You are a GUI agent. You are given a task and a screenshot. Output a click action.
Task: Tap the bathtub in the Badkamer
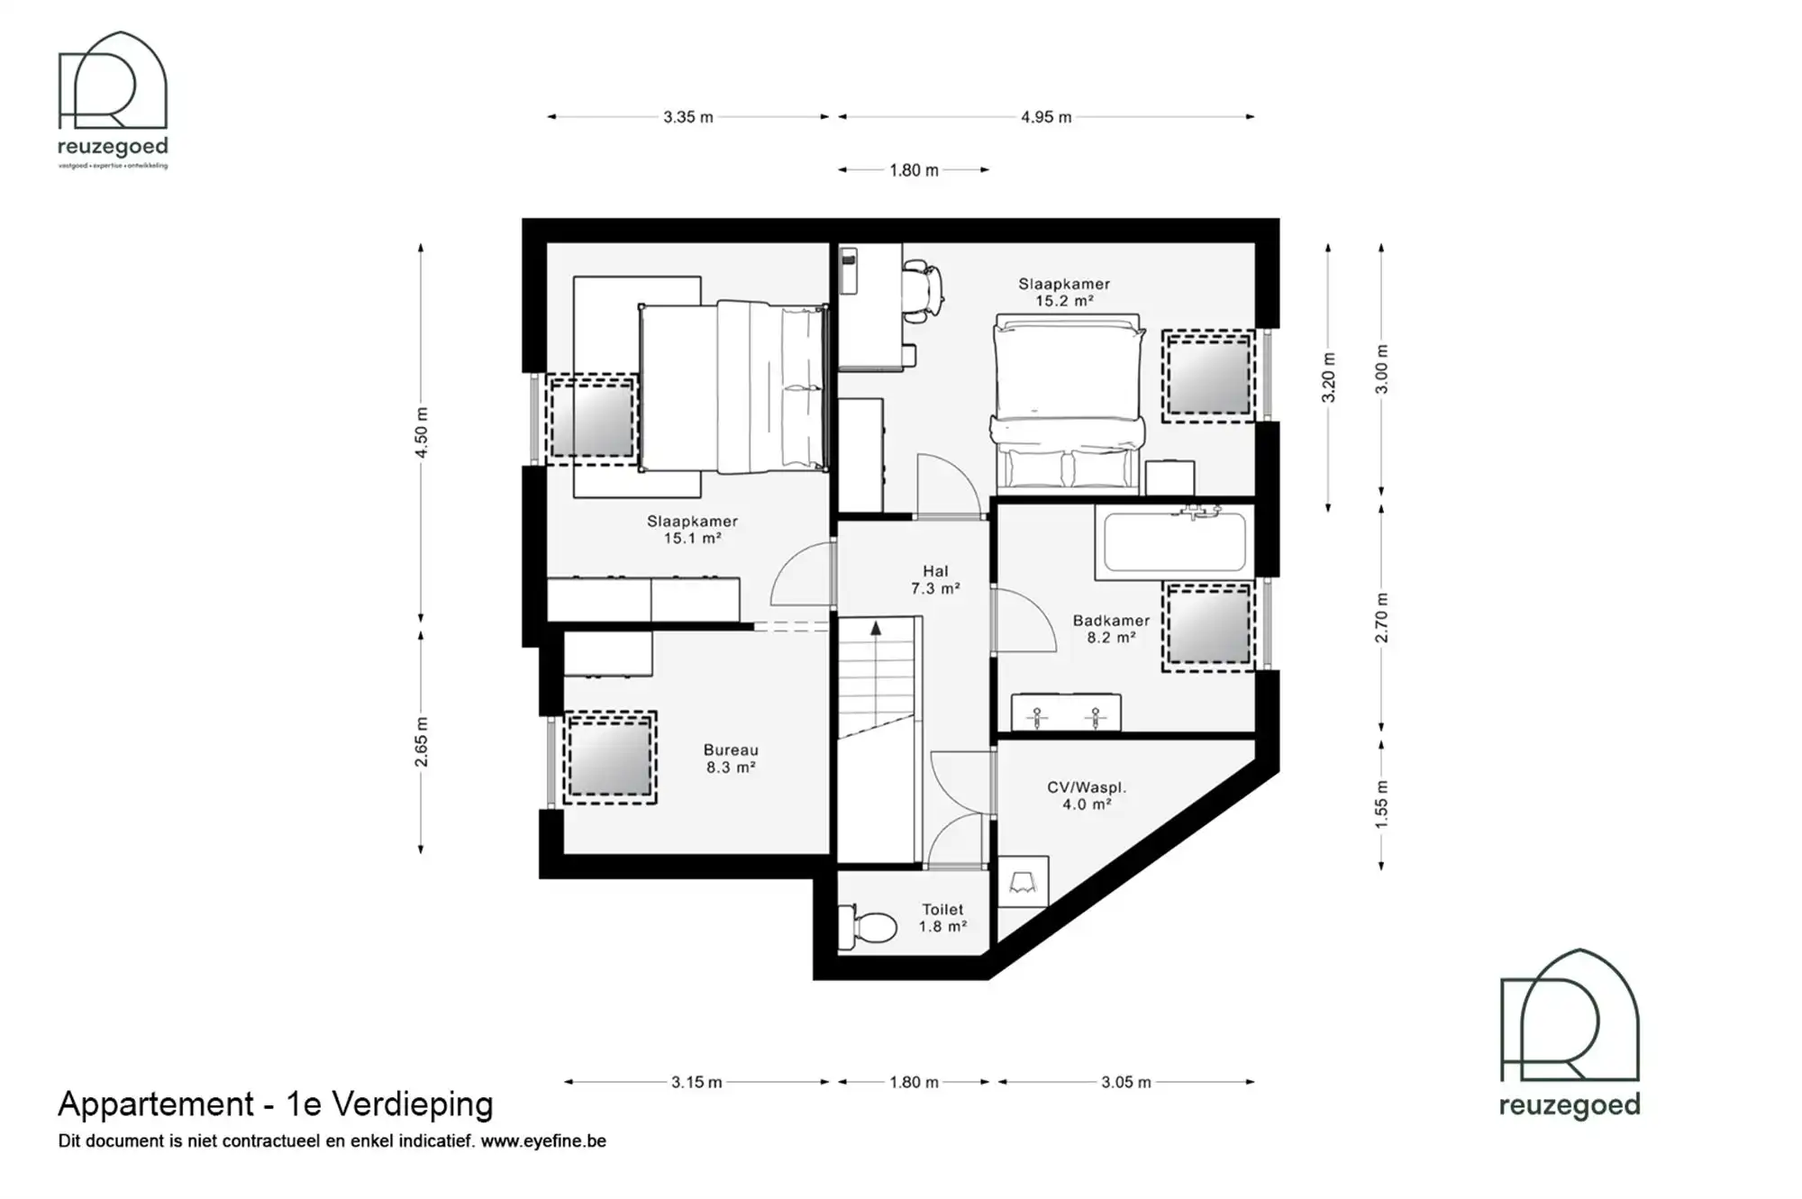[x=1174, y=542]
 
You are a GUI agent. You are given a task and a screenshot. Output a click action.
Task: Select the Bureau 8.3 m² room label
[x=731, y=758]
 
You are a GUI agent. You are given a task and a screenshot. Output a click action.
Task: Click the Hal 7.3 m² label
[x=935, y=579]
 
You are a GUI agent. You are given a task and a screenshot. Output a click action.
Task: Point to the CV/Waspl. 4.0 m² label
[x=1087, y=795]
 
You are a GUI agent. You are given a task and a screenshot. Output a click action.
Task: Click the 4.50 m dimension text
[x=422, y=432]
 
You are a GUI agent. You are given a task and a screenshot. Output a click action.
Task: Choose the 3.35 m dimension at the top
[x=687, y=117]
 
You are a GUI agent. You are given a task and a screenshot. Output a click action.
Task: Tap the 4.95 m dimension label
[x=1046, y=117]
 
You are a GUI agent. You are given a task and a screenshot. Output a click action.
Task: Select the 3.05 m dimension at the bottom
[x=1125, y=1082]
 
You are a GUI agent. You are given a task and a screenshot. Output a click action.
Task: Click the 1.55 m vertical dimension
[x=1381, y=804]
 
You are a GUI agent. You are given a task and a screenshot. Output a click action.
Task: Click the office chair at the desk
[x=924, y=289]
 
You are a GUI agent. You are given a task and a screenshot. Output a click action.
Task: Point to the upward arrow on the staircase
[x=876, y=630]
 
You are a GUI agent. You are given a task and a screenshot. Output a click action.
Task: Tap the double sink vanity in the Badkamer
[x=1066, y=713]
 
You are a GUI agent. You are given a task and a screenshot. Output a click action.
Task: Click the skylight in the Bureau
[x=610, y=758]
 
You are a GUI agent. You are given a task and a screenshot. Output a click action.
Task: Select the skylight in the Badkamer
[x=1207, y=626]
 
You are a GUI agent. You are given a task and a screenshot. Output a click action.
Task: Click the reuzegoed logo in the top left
[x=113, y=100]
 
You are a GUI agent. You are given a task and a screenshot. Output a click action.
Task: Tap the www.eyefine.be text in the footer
[x=543, y=1141]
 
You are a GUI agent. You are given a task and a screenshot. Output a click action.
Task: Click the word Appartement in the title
[x=156, y=1104]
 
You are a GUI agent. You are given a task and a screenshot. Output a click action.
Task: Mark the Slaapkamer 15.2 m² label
[x=1064, y=292]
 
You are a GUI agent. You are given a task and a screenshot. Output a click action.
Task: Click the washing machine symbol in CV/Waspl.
[x=1024, y=881]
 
